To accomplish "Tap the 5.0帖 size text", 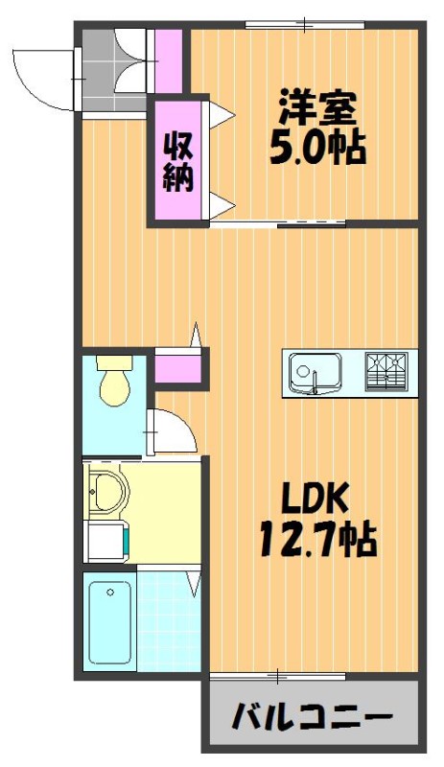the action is tap(317, 148).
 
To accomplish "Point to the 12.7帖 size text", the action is tap(317, 540).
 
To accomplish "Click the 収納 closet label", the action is tap(177, 162).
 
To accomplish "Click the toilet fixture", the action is tap(115, 380).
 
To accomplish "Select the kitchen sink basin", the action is tap(315, 373).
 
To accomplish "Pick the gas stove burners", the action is tap(386, 372).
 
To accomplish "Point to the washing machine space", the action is tap(105, 541).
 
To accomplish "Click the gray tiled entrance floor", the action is tap(113, 70).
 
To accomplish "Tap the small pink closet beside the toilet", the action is tap(177, 368).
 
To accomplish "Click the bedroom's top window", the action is tap(305, 24).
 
